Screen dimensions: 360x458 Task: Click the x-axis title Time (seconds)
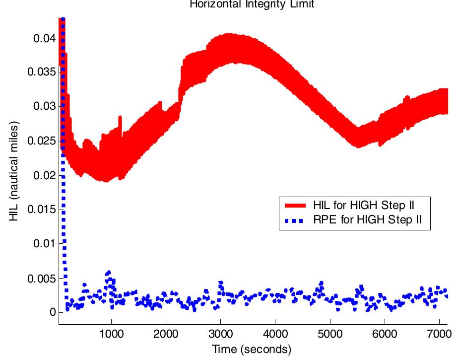click(252, 349)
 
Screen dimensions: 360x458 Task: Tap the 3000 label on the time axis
click(220, 333)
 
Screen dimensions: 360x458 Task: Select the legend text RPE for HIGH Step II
click(368, 220)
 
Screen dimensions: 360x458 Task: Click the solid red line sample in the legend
click(296, 205)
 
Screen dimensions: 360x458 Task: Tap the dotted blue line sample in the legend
click(296, 220)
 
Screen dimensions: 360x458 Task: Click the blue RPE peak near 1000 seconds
click(109, 273)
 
